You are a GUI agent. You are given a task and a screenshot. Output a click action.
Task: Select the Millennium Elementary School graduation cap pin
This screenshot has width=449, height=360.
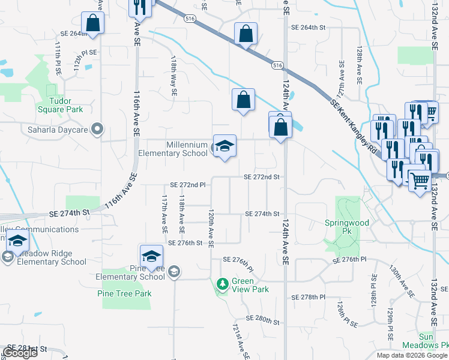coord(224,146)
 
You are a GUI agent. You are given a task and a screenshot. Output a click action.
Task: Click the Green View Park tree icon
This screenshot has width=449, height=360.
coord(223,283)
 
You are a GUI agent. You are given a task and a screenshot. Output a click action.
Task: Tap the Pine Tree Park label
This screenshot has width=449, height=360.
coord(124,293)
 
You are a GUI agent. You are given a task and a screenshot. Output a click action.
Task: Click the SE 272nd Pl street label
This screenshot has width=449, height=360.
coord(188,185)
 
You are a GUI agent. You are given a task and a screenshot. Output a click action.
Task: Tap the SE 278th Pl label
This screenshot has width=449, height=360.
coord(308,297)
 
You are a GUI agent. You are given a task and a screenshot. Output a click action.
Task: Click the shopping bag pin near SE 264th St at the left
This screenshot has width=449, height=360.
coord(93,24)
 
